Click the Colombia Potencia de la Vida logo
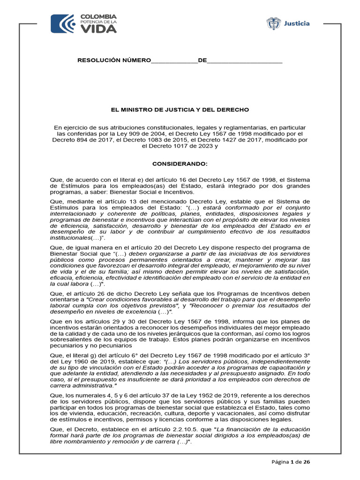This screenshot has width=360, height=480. (83, 24)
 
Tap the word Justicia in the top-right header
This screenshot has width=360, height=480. (297, 23)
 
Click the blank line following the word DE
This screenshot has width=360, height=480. (245, 61)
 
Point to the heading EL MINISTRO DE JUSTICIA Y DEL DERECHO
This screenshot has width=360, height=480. (180, 110)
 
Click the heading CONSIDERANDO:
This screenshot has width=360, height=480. (180, 164)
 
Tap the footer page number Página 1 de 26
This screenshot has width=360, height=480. (291, 462)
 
